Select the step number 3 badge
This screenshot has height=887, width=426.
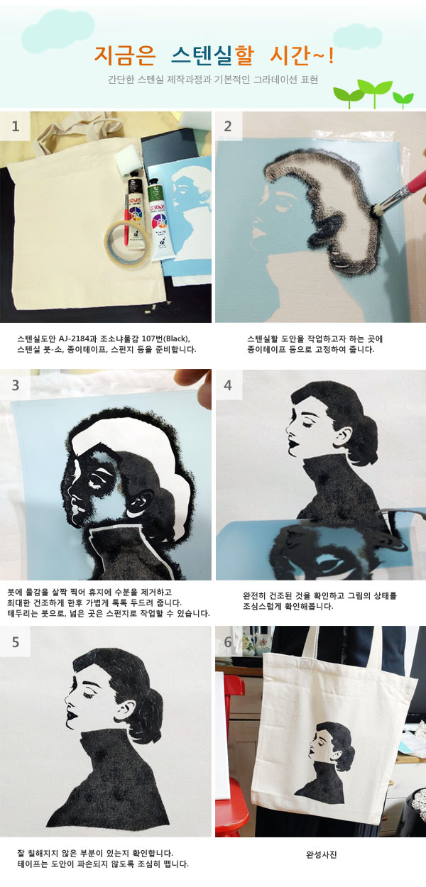(x=15, y=385)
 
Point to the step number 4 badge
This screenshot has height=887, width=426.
(x=228, y=385)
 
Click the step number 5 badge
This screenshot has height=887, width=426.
(x=15, y=642)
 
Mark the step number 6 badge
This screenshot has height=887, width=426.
(x=228, y=642)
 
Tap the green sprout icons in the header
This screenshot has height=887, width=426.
(x=373, y=93)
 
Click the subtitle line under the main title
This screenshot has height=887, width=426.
(x=212, y=79)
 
